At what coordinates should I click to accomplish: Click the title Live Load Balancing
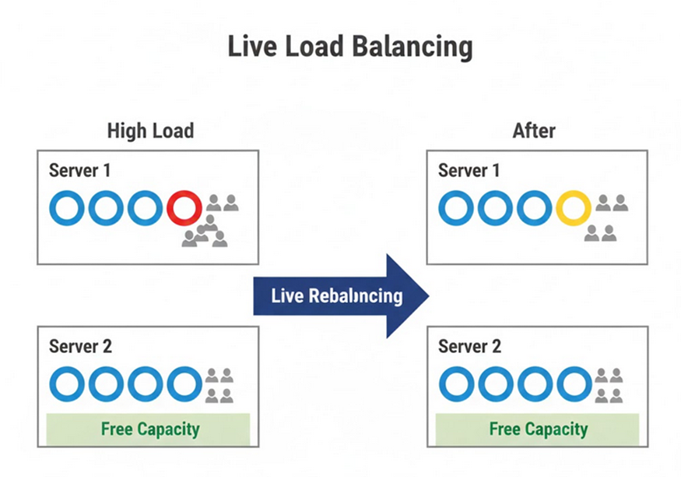coord(349,48)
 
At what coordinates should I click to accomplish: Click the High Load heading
coord(150,130)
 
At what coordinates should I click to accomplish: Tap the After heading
coord(534,130)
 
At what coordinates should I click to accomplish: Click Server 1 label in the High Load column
coord(79,171)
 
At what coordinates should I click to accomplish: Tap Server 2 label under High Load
coord(80,346)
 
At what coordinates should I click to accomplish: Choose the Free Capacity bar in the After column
coord(538,429)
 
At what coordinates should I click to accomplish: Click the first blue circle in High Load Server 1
coord(68,209)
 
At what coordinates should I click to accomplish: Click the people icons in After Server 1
coord(606,218)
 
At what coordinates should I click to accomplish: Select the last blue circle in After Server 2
coord(574,384)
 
